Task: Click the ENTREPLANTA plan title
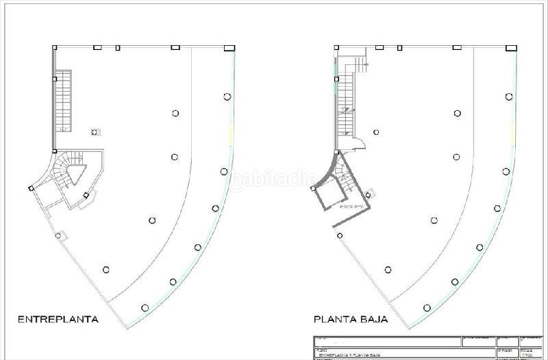click(58, 319)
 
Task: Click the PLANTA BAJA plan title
click(351, 319)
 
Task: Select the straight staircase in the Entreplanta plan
click(64, 100)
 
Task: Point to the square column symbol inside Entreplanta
click(95, 131)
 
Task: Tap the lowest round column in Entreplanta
click(144, 306)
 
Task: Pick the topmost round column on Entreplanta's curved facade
click(227, 97)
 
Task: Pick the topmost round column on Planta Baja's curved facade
click(508, 97)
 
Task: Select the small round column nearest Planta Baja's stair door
click(376, 132)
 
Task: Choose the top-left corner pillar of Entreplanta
click(55, 47)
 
